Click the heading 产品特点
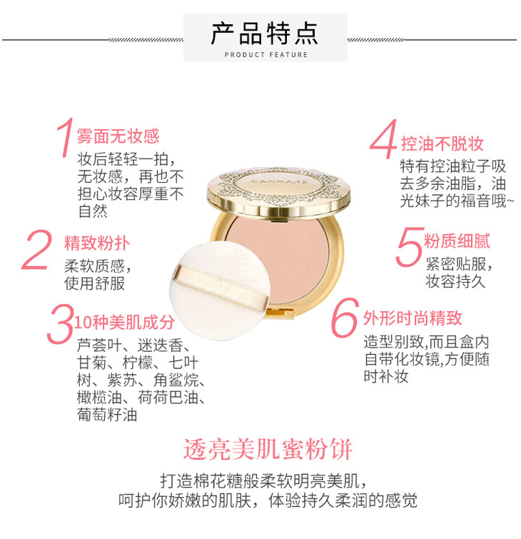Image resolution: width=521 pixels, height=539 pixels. coord(264,34)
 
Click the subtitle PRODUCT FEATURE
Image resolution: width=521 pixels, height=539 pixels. coord(266,55)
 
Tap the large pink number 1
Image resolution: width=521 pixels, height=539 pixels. coord(66,138)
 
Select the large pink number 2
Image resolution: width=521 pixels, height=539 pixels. coord(36,250)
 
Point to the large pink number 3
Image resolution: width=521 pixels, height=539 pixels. coord(61,324)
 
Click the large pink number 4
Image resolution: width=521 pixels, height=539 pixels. coord(383,139)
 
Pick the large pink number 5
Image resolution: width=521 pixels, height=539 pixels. coord(410,247)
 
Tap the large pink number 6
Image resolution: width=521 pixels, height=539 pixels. coord(345,318)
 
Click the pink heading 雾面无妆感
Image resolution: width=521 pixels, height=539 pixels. coord(118,136)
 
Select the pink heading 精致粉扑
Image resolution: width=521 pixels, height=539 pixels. coord(97,243)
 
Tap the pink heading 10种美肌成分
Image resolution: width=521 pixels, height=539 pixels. coord(124,323)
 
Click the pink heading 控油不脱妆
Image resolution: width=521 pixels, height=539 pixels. coord(442,143)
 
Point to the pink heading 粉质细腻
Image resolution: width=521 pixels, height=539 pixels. coord(457,241)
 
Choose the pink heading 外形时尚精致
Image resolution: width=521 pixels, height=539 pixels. coord(413,318)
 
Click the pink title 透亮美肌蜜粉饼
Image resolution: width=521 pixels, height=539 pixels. coord(268,449)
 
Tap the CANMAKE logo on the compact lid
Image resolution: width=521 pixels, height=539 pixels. coord(279,181)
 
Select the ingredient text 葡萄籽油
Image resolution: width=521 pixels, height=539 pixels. coord(107,415)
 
